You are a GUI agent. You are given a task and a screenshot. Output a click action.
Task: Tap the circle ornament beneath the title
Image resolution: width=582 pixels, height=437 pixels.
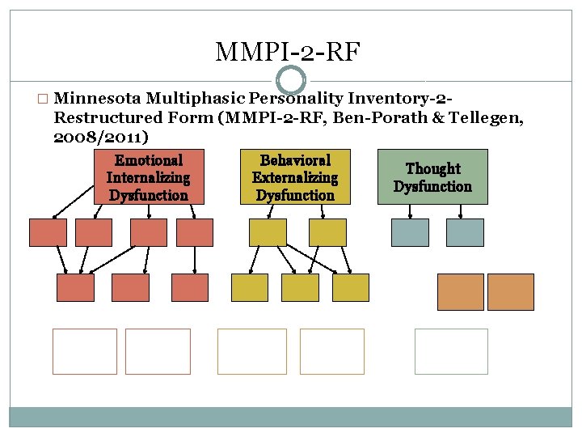pyautogui.click(x=291, y=79)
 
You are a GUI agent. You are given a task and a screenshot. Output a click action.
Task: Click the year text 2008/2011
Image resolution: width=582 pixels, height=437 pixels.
pyautogui.click(x=99, y=138)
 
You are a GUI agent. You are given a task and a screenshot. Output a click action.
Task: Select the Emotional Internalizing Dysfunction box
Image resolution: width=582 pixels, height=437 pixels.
pyautogui.click(x=149, y=176)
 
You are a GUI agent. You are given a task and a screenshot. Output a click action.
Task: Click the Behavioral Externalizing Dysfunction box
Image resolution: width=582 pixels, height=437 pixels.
pyautogui.click(x=295, y=176)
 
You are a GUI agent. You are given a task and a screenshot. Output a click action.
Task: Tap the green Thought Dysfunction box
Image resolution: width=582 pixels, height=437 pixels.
pyautogui.click(x=432, y=176)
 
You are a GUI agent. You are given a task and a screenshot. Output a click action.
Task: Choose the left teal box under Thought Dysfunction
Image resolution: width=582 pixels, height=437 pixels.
pyautogui.click(x=410, y=232)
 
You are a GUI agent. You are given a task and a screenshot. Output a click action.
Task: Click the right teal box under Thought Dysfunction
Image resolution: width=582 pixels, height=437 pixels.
pyautogui.click(x=464, y=232)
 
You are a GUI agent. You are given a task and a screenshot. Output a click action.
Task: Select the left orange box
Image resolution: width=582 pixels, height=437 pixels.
pyautogui.click(x=461, y=291)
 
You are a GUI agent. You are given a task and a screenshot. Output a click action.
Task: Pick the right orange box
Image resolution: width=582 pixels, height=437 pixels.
pyautogui.click(x=511, y=291)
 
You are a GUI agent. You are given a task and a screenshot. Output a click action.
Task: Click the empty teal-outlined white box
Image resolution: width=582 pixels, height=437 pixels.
pyautogui.click(x=451, y=351)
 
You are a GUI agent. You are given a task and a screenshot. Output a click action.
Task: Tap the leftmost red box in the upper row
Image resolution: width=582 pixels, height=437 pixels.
pyautogui.click(x=48, y=232)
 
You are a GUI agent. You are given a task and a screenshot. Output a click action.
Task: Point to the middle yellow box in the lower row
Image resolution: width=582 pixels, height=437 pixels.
pyautogui.click(x=300, y=287)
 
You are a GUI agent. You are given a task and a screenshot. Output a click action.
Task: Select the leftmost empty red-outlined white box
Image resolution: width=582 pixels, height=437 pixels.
pyautogui.click(x=85, y=351)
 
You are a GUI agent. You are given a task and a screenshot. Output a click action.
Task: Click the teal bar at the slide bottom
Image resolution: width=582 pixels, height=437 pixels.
pyautogui.click(x=291, y=416)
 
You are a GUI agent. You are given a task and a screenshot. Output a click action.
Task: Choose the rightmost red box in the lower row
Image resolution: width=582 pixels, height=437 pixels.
pyautogui.click(x=190, y=287)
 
